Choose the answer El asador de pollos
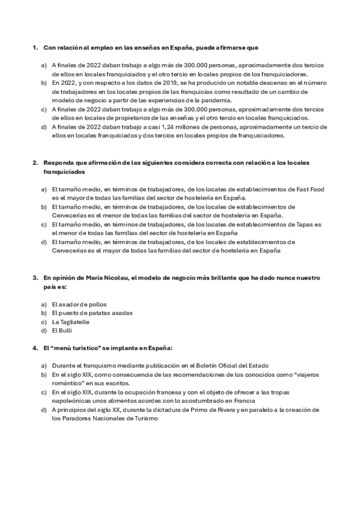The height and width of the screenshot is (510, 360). tap(79, 304)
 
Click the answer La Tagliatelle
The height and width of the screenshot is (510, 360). tap(70, 322)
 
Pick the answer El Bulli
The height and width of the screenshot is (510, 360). tap(61, 331)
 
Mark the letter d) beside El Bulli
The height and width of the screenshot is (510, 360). tap(43, 331)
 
